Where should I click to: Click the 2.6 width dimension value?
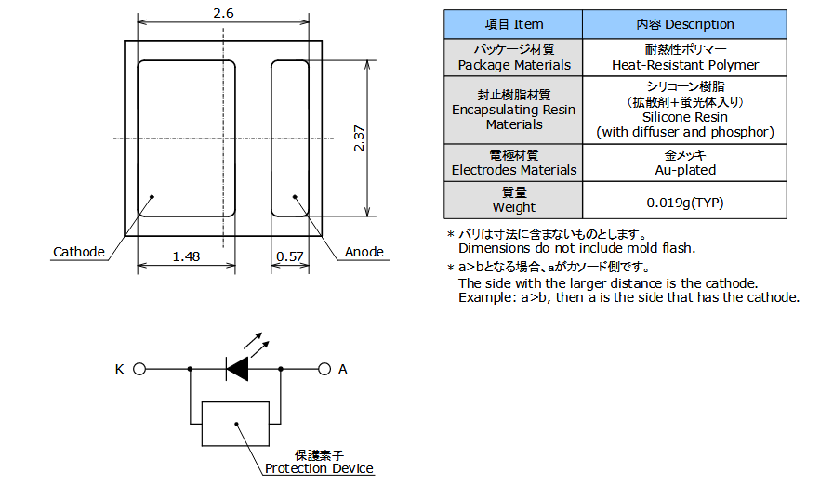223,12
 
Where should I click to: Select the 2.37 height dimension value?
358,138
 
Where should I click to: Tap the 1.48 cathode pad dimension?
186,257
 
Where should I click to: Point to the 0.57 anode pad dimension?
290,257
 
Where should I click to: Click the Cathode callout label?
79,253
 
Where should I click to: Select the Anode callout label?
364,253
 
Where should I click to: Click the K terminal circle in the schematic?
139,369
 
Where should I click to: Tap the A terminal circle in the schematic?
324,369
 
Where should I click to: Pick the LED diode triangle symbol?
238,369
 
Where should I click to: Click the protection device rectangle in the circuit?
235,424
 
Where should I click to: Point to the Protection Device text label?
319,468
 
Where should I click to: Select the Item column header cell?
513,24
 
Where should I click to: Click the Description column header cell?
684,24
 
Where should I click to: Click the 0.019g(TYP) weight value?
684,201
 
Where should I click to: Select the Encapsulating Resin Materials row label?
513,110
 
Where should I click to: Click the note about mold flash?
576,248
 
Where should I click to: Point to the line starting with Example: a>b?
628,297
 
